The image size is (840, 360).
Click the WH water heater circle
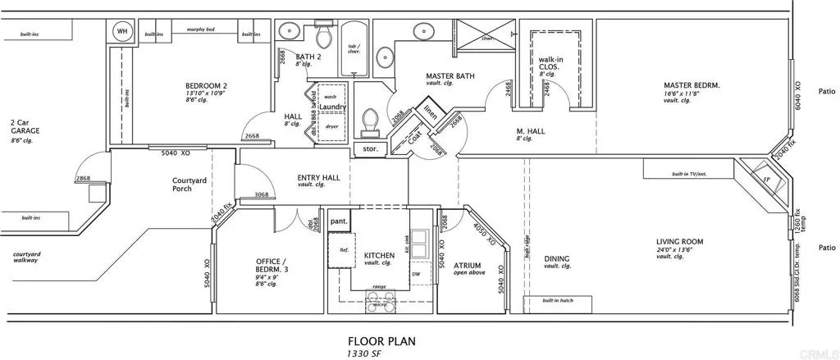[123, 31]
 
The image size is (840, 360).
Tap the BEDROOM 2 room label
[206, 86]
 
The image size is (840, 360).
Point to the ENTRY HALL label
[318, 177]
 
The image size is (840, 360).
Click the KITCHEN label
[379, 255]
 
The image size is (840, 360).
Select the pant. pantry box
[339, 221]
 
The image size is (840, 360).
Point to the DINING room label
[557, 259]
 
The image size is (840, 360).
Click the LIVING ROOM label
[680, 242]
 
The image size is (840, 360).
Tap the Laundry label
[333, 107]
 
